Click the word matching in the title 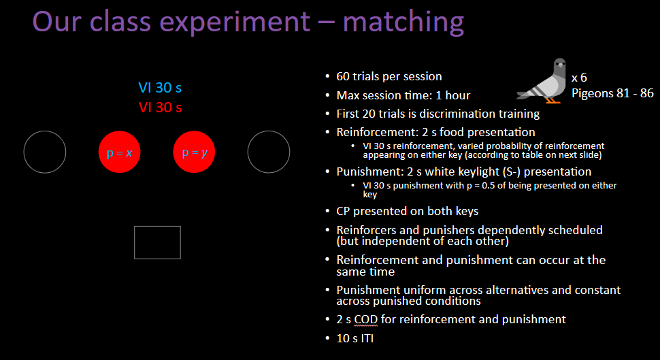tap(403, 22)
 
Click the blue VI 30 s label tap(160, 88)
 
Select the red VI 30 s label tap(161, 108)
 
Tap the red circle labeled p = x tap(120, 152)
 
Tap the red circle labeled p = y tap(194, 152)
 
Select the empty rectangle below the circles tap(157, 227)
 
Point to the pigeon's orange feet tap(552, 100)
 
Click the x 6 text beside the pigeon tap(579, 78)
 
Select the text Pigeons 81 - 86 tap(612, 93)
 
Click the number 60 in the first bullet tap(343, 76)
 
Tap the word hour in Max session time tap(457, 95)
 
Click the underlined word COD tap(366, 320)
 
